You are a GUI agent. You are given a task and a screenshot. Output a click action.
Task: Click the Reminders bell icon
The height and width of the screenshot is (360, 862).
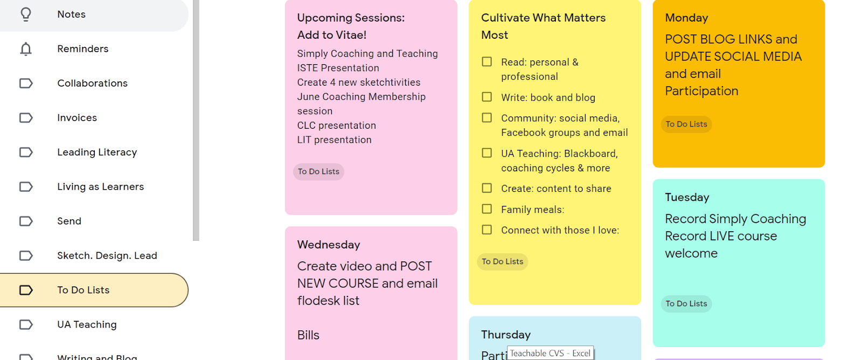click(x=26, y=49)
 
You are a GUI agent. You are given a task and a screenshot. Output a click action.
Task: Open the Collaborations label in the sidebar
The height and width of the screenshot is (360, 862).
click(x=92, y=84)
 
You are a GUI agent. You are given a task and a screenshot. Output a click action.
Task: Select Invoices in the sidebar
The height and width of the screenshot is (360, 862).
click(x=77, y=118)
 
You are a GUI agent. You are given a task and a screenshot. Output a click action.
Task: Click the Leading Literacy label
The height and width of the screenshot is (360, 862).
click(x=97, y=153)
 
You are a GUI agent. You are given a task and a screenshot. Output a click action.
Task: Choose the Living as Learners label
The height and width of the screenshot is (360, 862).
click(x=100, y=187)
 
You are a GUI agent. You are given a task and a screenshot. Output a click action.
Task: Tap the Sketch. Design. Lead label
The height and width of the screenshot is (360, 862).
click(x=107, y=256)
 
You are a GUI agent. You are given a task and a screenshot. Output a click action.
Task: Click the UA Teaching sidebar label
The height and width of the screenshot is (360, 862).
click(x=87, y=325)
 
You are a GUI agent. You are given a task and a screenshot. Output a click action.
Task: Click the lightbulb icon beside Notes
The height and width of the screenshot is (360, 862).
click(x=26, y=15)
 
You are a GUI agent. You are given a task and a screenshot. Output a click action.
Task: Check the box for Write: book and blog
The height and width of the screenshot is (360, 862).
click(x=487, y=97)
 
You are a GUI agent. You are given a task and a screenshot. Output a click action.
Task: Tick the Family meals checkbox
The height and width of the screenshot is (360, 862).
click(x=487, y=209)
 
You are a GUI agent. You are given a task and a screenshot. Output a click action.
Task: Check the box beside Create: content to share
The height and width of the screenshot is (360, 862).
click(x=487, y=188)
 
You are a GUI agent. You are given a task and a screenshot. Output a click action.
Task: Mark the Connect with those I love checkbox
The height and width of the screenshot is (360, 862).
click(x=487, y=230)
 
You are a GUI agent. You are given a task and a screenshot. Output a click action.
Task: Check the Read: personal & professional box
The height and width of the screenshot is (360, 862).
click(x=487, y=62)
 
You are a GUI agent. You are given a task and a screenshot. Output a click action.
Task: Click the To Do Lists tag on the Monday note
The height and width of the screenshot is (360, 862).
click(x=686, y=124)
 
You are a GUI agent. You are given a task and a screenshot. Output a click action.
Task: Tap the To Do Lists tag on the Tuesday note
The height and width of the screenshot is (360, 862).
click(x=686, y=304)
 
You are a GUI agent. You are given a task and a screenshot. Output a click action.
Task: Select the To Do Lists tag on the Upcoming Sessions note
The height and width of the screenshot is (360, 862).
click(x=318, y=172)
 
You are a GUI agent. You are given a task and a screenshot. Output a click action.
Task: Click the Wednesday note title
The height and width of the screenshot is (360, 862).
click(x=329, y=245)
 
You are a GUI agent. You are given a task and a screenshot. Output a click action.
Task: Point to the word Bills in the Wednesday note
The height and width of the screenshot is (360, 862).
click(x=308, y=335)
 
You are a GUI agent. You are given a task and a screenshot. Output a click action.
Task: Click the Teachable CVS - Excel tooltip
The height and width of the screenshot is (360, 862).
click(x=550, y=354)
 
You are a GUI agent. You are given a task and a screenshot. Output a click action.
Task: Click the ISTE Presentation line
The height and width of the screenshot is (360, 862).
click(x=338, y=68)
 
